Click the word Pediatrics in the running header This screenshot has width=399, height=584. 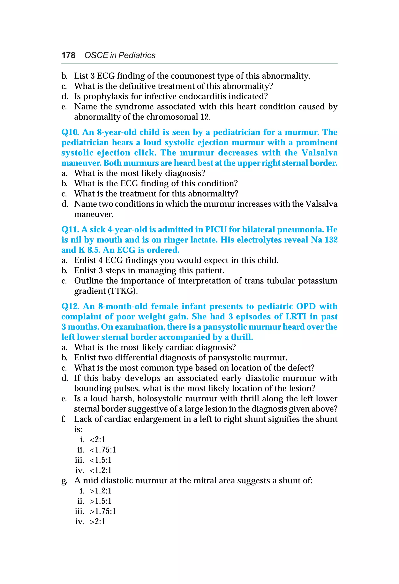click(x=137, y=55)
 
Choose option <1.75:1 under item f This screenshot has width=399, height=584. click(x=103, y=450)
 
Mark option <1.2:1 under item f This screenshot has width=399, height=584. click(x=100, y=470)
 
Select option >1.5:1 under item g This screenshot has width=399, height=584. click(x=100, y=501)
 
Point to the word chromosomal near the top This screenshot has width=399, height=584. click(x=173, y=117)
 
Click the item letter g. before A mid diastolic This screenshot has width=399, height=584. click(x=64, y=481)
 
